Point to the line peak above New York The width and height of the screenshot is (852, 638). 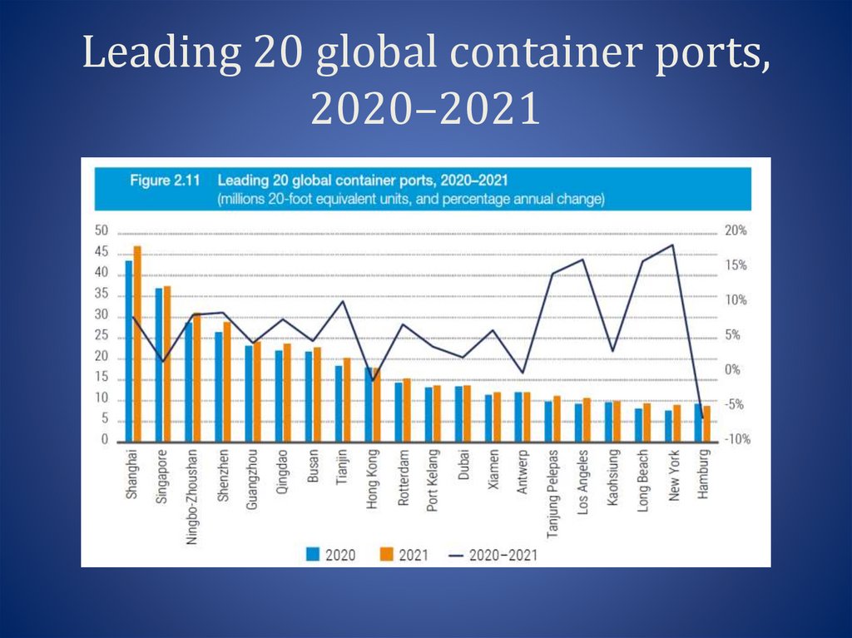tap(672, 245)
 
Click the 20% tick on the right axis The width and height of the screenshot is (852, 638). tap(736, 230)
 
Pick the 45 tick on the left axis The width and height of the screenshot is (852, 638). tap(102, 252)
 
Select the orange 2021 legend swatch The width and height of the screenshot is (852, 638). tap(386, 553)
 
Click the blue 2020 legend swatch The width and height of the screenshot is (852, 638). tap(313, 553)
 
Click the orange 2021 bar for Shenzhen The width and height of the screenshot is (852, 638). tap(227, 382)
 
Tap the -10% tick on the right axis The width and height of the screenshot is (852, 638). tap(735, 440)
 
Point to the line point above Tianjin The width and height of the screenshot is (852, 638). tap(344, 302)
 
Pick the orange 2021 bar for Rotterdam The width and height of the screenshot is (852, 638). tap(406, 410)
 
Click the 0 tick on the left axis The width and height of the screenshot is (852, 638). tap(106, 441)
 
